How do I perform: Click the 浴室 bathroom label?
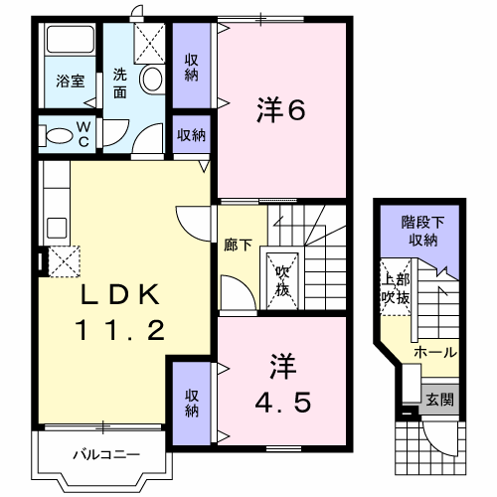pos(71,82)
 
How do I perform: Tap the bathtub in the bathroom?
pos(71,39)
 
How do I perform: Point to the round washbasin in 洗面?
pos(152,80)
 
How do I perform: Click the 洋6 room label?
pos(280,109)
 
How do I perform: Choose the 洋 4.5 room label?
pos(282,383)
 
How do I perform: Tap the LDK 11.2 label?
pos(120,311)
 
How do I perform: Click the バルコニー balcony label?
pos(106,454)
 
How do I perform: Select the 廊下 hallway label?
pos(238,245)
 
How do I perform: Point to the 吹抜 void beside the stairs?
pos(282,281)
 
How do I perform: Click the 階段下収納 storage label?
pos(422,231)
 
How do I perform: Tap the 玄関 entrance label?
pos(439,400)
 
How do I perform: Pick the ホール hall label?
pos(435,352)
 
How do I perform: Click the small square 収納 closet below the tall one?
pos(191,135)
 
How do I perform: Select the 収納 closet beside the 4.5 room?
pos(192,404)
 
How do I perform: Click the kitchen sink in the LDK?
pos(57,229)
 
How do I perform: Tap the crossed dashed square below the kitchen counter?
pos(65,261)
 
